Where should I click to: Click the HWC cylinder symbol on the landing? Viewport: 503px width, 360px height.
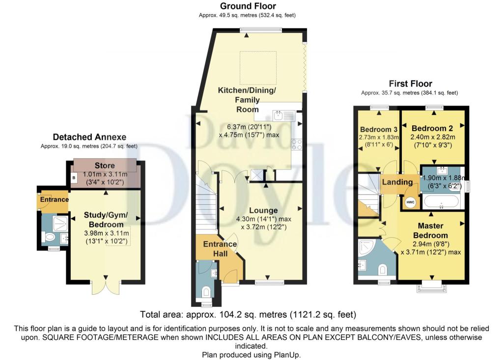(410, 202)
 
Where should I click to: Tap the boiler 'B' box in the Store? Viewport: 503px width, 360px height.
(74, 178)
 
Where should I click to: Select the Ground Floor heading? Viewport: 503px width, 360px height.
(248, 6)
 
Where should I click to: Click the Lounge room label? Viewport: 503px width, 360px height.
(263, 211)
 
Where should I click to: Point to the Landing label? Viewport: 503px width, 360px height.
(397, 182)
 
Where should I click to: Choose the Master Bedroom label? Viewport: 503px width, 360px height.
(430, 230)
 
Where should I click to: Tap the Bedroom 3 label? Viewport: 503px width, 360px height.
(379, 129)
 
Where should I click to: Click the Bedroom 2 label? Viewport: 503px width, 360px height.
(432, 128)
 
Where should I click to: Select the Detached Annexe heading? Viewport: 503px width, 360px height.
(89, 137)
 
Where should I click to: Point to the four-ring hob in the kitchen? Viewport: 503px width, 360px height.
(296, 144)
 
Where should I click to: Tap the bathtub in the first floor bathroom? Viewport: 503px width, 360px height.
(441, 202)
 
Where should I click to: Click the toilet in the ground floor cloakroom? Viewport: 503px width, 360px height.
(206, 292)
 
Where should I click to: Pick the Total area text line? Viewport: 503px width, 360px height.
(248, 314)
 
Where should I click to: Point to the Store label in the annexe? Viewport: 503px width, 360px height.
(105, 166)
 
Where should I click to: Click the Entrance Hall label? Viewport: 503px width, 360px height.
(220, 249)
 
